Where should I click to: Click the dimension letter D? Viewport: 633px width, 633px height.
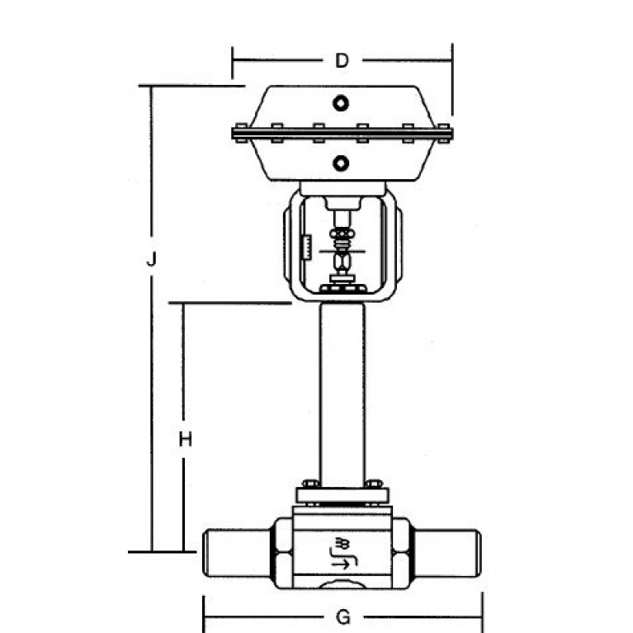(x=342, y=60)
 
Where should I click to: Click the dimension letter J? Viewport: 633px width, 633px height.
(x=151, y=259)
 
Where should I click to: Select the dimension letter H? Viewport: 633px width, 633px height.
(x=186, y=439)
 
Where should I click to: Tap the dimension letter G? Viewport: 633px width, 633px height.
(x=343, y=617)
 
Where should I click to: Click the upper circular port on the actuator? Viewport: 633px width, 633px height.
(x=341, y=103)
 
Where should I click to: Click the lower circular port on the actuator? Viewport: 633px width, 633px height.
(x=341, y=163)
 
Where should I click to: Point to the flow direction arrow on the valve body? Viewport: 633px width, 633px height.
(x=340, y=565)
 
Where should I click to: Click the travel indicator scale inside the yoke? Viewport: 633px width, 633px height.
(x=307, y=247)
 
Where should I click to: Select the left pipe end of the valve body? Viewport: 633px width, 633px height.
(x=239, y=553)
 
